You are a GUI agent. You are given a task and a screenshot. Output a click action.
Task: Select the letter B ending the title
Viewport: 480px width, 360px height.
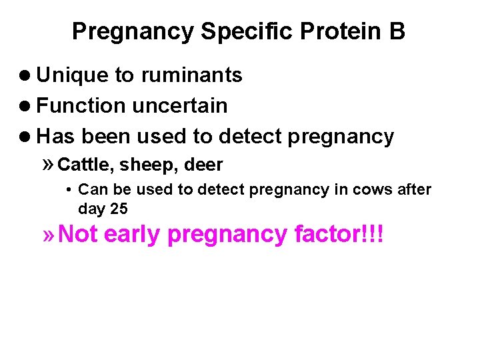[x=397, y=31]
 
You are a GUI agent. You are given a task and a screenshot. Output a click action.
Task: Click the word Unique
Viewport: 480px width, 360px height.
[x=73, y=75]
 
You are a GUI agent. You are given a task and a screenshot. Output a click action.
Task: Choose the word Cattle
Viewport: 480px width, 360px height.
[x=85, y=165]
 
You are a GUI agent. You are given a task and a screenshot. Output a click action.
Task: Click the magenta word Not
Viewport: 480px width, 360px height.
[x=78, y=235]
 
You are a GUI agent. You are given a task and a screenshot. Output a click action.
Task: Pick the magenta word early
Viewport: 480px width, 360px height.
[x=132, y=235]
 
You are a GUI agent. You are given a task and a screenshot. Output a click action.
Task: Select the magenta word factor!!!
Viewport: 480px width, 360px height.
[x=338, y=235]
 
